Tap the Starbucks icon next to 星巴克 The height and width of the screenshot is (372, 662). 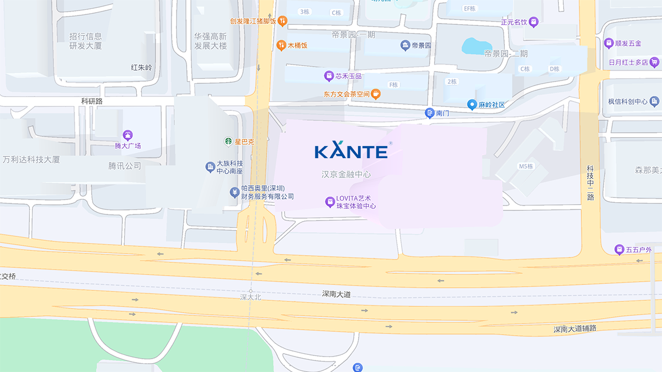tap(228, 142)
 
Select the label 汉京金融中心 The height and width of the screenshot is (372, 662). tap(346, 174)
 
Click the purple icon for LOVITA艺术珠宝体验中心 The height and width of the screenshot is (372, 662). tap(329, 202)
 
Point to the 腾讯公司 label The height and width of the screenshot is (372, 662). tap(125, 165)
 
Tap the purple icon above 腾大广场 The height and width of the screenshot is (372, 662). tap(127, 135)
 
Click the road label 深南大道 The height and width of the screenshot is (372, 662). tap(337, 294)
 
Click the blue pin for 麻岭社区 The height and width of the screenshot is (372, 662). tap(472, 104)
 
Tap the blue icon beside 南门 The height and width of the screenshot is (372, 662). tap(429, 113)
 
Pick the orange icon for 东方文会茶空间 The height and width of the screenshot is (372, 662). tap(376, 94)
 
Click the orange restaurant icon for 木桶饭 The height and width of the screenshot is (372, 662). tap(281, 45)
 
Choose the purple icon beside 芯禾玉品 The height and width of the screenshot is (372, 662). tap(329, 76)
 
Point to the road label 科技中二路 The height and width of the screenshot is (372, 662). tap(590, 182)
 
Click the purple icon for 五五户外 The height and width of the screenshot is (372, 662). tap(619, 250)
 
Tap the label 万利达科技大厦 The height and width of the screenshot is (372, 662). tap(31, 160)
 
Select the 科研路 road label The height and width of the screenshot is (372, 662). tap(92, 101)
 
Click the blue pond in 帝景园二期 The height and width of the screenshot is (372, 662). tap(477, 46)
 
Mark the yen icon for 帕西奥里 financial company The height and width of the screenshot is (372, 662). tap(234, 192)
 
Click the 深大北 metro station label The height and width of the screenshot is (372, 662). tap(250, 297)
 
